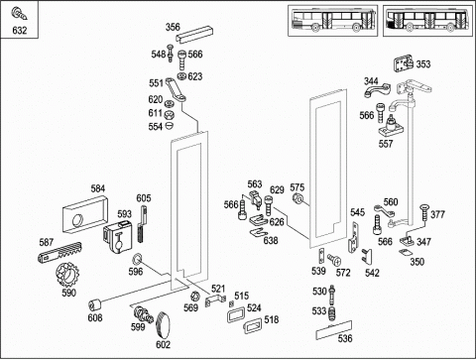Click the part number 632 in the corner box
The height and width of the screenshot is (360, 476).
click(19, 31)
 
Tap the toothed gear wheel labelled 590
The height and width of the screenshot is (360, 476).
click(68, 275)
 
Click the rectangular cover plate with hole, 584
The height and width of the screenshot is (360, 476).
click(85, 215)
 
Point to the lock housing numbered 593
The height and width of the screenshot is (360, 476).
click(118, 237)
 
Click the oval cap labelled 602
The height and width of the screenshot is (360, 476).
click(163, 325)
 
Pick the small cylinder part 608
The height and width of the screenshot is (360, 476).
click(94, 304)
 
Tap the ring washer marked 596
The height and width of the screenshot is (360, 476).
click(137, 260)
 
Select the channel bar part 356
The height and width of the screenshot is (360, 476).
click(194, 35)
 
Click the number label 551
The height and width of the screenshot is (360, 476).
click(156, 83)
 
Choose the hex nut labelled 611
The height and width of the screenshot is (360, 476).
click(169, 115)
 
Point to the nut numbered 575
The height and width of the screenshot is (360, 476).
click(297, 198)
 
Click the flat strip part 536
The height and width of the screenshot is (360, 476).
click(333, 330)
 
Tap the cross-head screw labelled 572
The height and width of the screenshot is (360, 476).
click(334, 260)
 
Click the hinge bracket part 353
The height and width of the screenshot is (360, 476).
click(404, 64)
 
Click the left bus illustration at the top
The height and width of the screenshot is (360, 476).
click(332, 20)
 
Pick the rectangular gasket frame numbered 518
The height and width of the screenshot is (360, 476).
click(252, 325)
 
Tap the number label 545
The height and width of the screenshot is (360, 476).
click(357, 212)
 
